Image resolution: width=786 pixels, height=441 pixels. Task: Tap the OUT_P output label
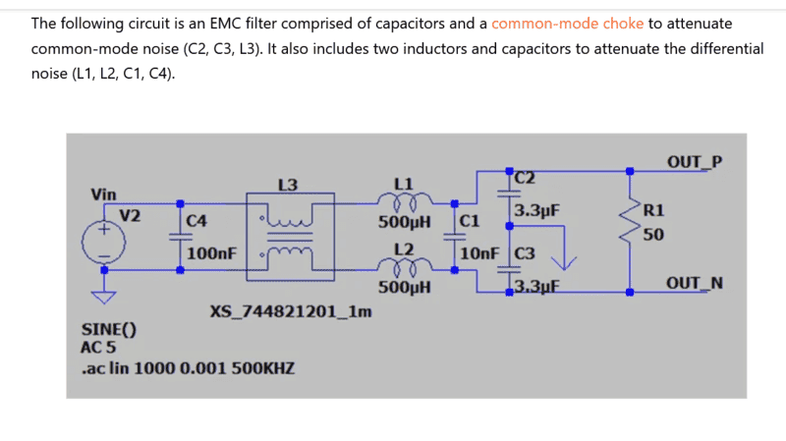tap(694, 161)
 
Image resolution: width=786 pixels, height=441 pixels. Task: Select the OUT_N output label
tap(694, 284)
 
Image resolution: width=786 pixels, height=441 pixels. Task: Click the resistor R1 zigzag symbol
tap(630, 226)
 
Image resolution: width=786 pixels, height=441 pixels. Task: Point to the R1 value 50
tap(652, 234)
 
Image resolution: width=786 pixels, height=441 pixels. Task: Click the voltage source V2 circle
tap(103, 241)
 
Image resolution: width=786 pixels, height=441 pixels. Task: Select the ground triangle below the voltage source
tap(103, 295)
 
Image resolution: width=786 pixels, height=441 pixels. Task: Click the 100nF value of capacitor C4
tap(211, 253)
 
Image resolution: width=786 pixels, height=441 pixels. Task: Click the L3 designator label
tap(288, 184)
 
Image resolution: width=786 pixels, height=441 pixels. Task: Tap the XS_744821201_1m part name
tap(291, 312)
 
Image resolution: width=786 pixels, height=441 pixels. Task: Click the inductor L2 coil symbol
tap(404, 267)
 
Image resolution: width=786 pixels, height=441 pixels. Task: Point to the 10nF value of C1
tap(478, 253)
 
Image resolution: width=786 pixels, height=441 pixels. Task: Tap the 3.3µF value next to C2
tap(536, 210)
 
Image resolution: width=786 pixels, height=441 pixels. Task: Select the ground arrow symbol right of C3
tap(563, 260)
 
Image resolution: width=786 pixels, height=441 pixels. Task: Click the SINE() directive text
tap(108, 331)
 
